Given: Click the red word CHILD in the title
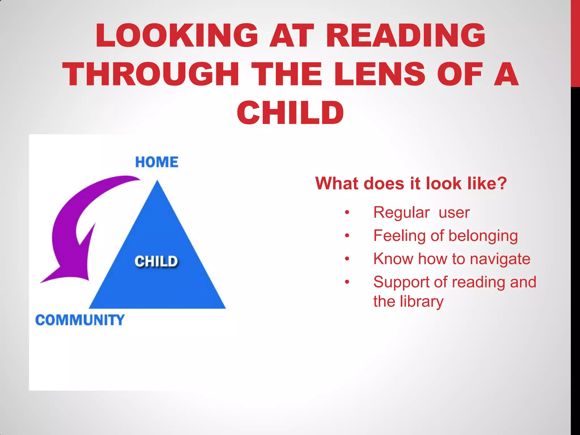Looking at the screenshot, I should [x=290, y=113].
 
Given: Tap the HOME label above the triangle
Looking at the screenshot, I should [x=157, y=162].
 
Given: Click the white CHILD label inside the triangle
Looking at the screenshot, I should [x=156, y=261].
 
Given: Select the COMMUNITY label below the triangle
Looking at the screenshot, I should [x=80, y=320].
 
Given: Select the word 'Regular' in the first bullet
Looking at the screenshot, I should [x=402, y=212].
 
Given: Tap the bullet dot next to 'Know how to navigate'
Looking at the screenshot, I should [x=347, y=259].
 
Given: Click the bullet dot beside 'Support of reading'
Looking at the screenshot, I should [x=347, y=282].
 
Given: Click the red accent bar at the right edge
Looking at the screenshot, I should [x=575, y=42].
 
